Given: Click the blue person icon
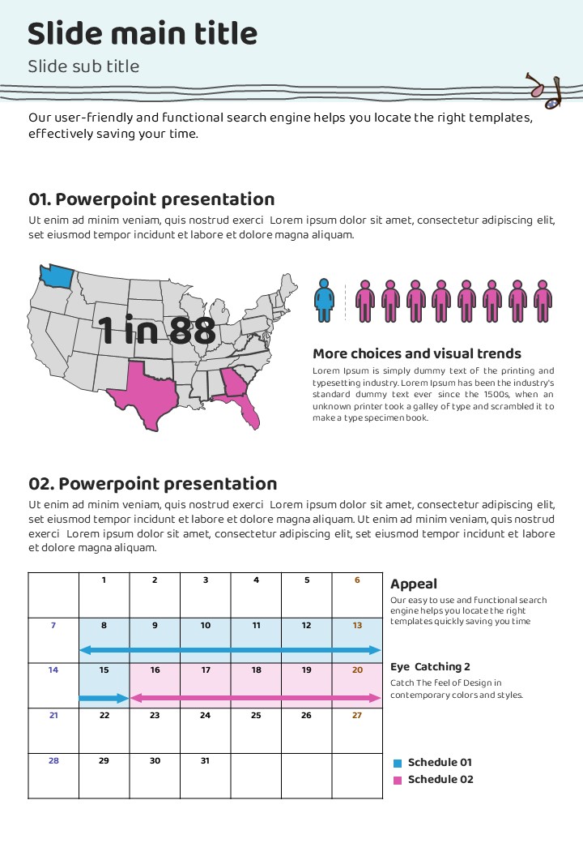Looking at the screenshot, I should coord(325,299).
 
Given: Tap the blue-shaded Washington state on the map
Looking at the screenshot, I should coord(56,276).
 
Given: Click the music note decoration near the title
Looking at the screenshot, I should coord(544,91).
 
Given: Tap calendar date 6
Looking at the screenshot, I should coord(357,580).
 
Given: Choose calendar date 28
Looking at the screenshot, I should coord(53,760).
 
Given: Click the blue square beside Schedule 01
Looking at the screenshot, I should coord(397,763).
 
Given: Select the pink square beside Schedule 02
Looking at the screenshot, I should coord(397,780).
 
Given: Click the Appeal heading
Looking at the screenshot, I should coord(414,584).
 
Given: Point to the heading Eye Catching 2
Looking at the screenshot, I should coord(430,667).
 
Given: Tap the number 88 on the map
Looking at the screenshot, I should coord(193,331).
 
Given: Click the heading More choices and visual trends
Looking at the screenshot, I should coord(417,353).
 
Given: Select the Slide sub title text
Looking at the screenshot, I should coord(83,66).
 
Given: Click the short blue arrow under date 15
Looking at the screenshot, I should coord(104,698).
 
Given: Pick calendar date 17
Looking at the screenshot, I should coord(206,670).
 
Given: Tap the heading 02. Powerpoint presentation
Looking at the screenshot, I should coord(153,484).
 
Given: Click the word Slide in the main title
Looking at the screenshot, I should coord(65,34).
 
